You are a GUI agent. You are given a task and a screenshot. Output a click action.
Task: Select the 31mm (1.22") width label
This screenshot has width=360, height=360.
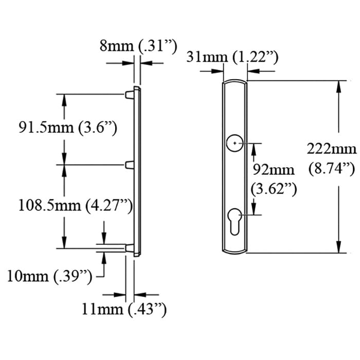click(233, 57)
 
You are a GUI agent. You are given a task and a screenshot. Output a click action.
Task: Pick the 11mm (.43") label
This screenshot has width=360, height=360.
click(123, 309)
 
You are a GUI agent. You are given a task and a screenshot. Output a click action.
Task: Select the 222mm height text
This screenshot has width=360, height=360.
click(331, 150)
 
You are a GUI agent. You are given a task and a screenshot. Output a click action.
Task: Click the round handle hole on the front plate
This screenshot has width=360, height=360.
click(235, 142)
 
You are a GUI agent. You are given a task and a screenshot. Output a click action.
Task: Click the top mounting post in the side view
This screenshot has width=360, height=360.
click(130, 94)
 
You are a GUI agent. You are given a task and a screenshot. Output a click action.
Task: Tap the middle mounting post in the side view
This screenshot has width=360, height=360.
click(130, 165)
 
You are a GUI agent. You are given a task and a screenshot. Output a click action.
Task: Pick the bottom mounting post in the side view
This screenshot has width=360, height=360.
click(130, 248)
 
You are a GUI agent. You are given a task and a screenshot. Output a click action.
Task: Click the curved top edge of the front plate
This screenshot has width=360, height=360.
click(236, 81)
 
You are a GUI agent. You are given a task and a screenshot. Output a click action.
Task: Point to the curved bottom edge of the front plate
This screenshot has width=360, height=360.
click(236, 252)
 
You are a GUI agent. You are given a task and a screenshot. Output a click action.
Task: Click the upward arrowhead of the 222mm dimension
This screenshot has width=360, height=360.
click(338, 86)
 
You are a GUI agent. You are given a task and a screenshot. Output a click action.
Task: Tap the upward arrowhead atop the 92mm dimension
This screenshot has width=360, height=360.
click(254, 148)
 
